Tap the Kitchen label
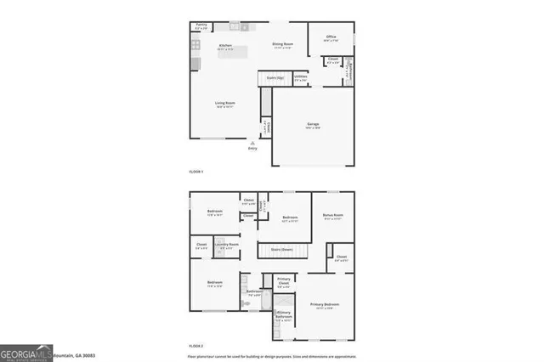(226, 46)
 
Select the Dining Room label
(282, 45)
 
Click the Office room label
(331, 38)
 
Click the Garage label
(313, 124)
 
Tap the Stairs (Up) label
(275, 77)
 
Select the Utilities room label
(300, 77)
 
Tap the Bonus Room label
(332, 217)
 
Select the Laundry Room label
(226, 245)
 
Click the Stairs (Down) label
(282, 249)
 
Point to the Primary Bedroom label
(325, 304)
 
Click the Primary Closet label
(283, 283)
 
